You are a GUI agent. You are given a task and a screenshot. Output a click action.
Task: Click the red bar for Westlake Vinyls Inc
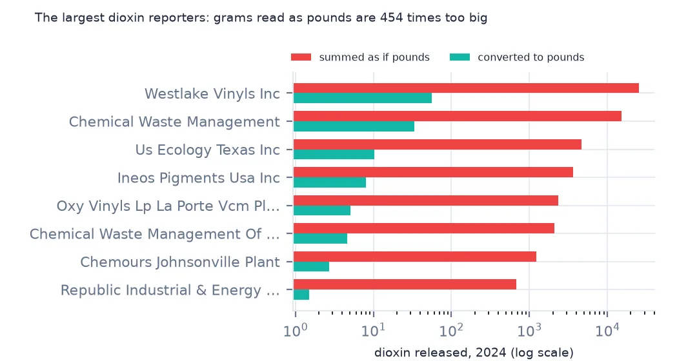click(x=467, y=88)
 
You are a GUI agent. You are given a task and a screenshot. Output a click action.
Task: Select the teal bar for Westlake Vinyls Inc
click(x=363, y=98)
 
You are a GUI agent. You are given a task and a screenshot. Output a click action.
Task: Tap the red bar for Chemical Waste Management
click(x=458, y=116)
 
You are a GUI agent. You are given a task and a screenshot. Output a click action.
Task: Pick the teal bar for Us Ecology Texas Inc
click(x=334, y=154)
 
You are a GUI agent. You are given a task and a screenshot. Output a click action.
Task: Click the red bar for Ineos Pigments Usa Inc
click(x=434, y=172)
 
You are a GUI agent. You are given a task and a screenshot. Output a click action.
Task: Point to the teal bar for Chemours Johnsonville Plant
click(x=312, y=266)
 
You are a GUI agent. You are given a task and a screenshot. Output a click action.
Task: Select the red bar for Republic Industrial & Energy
click(x=405, y=284)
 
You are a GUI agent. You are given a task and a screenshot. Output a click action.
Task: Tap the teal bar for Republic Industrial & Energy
click(x=301, y=295)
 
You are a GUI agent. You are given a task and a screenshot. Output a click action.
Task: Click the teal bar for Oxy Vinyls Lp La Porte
click(x=322, y=210)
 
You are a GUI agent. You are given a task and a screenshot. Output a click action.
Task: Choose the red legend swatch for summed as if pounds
click(x=301, y=57)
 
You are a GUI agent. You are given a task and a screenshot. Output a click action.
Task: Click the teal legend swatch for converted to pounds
click(x=460, y=57)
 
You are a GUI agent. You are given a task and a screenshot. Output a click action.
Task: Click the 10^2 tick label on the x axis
click(x=451, y=330)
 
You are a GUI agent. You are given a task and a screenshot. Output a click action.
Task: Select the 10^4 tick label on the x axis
click(x=607, y=330)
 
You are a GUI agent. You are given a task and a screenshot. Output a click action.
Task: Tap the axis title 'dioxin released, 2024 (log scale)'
click(x=474, y=353)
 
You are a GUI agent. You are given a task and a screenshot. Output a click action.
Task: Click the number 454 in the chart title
click(x=391, y=18)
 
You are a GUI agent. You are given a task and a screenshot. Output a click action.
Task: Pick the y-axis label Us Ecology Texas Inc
click(x=208, y=150)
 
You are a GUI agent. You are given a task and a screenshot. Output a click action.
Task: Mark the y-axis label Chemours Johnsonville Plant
click(x=180, y=262)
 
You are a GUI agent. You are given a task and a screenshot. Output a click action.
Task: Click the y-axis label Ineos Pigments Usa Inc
click(x=199, y=178)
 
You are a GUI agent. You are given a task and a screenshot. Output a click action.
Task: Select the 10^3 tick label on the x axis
click(x=529, y=330)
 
